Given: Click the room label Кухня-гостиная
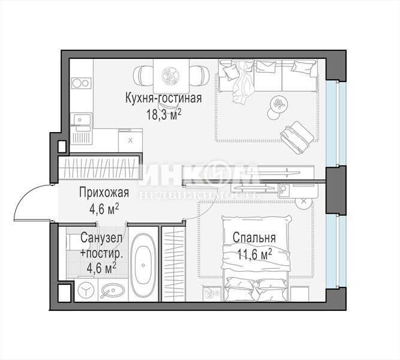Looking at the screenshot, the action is click(x=163, y=98).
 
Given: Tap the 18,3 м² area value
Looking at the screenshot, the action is click(x=164, y=114).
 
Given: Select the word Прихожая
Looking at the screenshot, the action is click(x=104, y=193).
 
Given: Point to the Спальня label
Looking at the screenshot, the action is click(x=254, y=238).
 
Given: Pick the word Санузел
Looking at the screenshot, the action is click(x=101, y=238).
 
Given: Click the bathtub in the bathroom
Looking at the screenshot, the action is click(x=143, y=264).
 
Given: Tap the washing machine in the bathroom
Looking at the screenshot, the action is click(x=86, y=290).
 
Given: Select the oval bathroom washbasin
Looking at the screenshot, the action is click(x=113, y=290).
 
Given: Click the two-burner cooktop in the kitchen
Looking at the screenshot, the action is click(x=82, y=83).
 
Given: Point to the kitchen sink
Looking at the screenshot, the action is click(x=82, y=119).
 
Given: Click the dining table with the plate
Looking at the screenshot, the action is click(x=171, y=76).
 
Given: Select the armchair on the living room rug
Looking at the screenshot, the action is click(x=297, y=137).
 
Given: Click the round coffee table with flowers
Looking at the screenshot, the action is click(x=279, y=104).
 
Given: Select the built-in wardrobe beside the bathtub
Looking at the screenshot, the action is click(x=173, y=263).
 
